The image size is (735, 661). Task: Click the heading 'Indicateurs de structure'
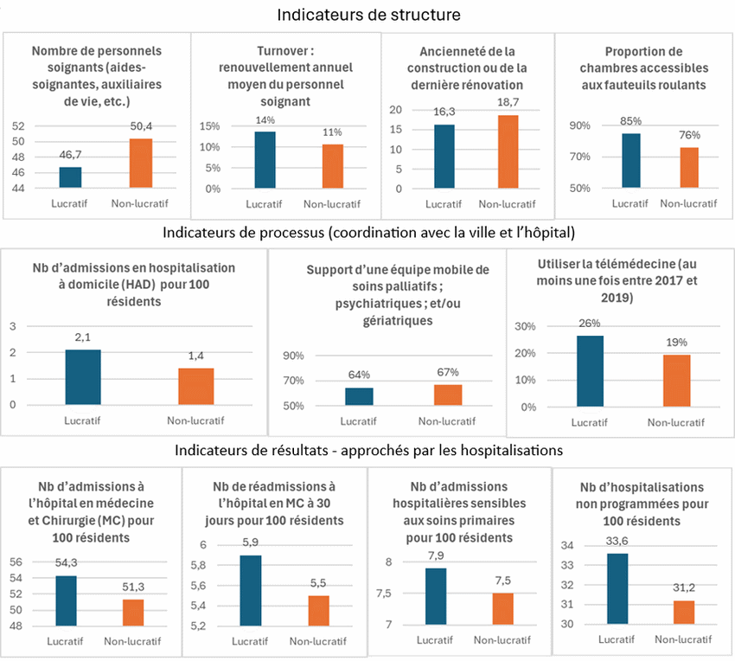[x=368, y=15]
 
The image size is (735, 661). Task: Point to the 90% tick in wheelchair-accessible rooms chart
[x=579, y=125]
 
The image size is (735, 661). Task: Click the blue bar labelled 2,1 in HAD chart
[x=83, y=376]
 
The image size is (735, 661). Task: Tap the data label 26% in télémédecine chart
[x=589, y=324]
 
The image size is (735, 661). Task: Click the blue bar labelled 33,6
[x=617, y=589]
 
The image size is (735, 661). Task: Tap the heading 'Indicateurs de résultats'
[x=368, y=450]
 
